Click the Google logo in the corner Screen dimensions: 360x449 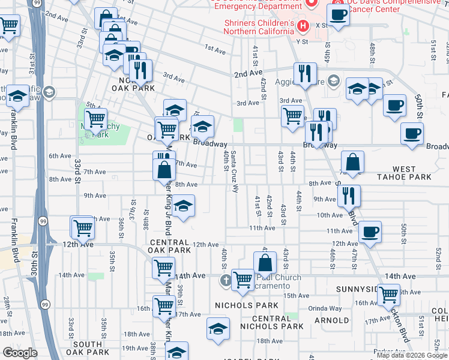pos(20,353)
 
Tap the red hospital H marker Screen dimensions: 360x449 pos(303,26)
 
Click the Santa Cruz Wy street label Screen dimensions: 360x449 pos(234,169)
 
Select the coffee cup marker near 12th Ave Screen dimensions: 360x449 pos(370,231)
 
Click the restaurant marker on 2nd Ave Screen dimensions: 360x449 pos(306,73)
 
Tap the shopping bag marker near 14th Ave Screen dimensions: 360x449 pos(265,263)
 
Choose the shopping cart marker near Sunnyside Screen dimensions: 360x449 pos(389,294)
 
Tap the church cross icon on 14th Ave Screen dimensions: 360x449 pos(226,280)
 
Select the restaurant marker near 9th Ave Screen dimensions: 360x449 pos(349,194)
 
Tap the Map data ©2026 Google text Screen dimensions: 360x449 pos(412,355)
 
